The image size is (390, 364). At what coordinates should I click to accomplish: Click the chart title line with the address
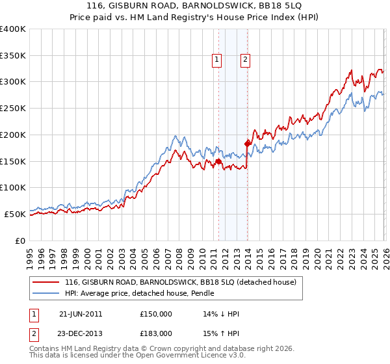pyautogui.click(x=195, y=5)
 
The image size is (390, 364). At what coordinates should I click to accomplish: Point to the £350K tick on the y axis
pyautogui.click(x=13, y=56)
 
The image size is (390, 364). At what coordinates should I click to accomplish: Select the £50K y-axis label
pyautogui.click(x=15, y=214)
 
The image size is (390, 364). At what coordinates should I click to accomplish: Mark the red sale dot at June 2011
pyautogui.click(x=218, y=161)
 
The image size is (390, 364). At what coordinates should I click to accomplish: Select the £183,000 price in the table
pyautogui.click(x=155, y=333)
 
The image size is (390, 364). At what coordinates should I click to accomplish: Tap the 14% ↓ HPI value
pyautogui.click(x=221, y=314)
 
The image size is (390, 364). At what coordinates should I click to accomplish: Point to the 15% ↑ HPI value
pyautogui.click(x=221, y=333)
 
